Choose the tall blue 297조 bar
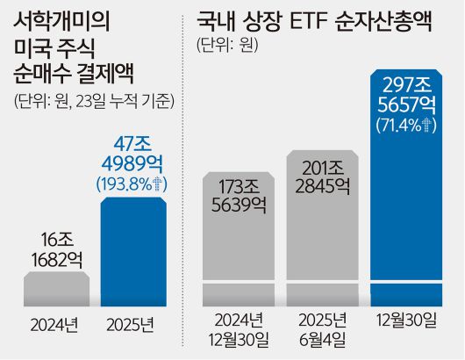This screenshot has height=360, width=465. [x=406, y=228]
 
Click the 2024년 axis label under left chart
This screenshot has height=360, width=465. [x=54, y=326]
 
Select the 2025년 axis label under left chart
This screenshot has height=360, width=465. [x=133, y=326]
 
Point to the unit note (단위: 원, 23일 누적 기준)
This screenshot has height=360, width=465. [x=94, y=100]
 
